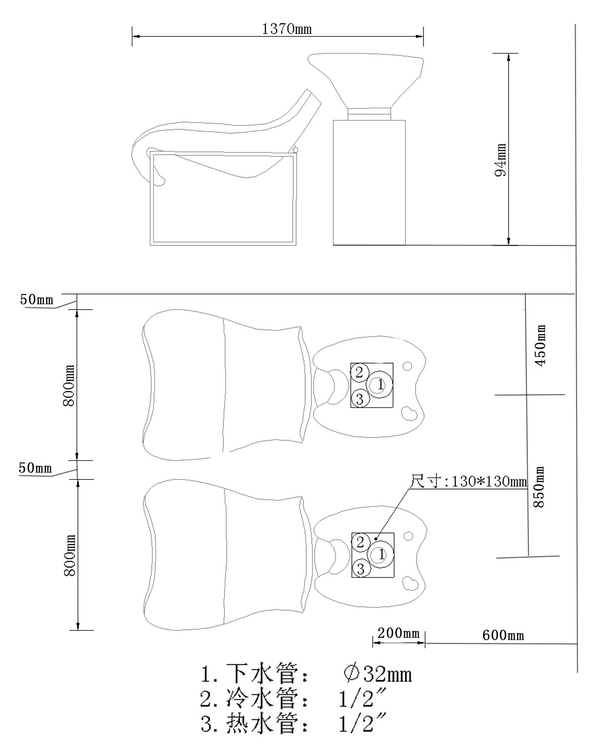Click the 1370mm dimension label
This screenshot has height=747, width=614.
point(287,29)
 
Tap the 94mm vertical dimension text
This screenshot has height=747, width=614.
point(501,160)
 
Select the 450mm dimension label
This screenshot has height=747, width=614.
point(540,345)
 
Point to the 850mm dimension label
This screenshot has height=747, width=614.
point(539,487)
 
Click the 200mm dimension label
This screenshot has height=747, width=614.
point(398,633)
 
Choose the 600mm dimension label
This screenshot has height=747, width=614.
point(503,635)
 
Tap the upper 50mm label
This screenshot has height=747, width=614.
point(36,299)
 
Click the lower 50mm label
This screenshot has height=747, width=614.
point(35,468)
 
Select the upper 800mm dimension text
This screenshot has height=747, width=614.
point(69,385)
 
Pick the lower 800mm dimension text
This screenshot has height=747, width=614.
point(69,555)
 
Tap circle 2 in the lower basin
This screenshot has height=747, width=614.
point(360,542)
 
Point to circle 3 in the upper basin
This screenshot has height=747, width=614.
point(360,399)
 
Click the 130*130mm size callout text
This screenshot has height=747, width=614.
point(469,482)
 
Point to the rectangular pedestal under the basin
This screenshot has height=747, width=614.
point(369,182)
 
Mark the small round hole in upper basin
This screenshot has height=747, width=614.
point(407,366)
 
